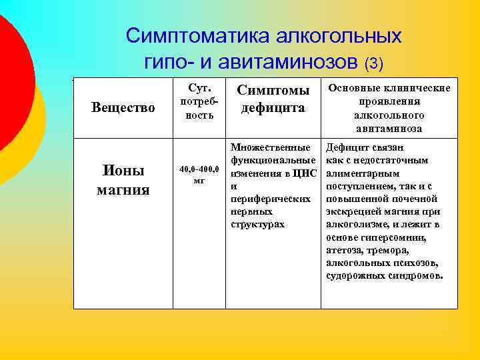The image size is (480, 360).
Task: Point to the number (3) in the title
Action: pos(374,64)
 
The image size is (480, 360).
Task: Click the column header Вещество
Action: pos(123,107)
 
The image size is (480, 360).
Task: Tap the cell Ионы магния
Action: pos(123,180)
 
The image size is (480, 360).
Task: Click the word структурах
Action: pos(257,224)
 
